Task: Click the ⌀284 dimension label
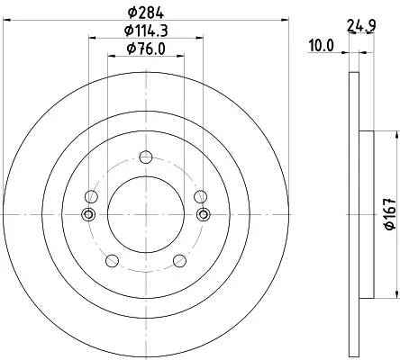click(x=146, y=13)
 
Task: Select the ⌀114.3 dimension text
click(x=146, y=31)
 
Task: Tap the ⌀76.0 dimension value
click(x=146, y=49)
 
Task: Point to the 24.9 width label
click(x=361, y=25)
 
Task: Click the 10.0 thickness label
click(x=322, y=46)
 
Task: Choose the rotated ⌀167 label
click(x=391, y=213)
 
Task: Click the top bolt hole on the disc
click(x=146, y=157)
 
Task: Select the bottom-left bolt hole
click(x=112, y=260)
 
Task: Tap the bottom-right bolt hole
click(x=180, y=260)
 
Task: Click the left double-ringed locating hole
click(x=88, y=214)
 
